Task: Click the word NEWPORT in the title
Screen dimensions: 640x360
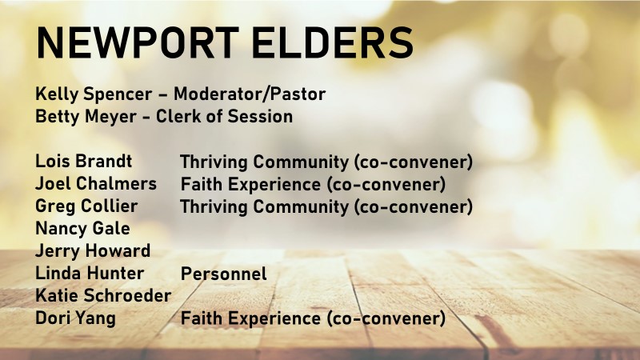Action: tap(138, 43)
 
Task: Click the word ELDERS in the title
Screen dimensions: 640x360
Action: tap(333, 43)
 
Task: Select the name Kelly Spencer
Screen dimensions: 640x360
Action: tap(94, 94)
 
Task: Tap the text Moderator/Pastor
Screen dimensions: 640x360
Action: tap(250, 94)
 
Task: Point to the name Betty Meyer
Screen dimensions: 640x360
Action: tap(86, 117)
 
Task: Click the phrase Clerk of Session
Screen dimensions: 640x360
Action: tap(225, 116)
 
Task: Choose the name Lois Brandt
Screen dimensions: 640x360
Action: tap(84, 162)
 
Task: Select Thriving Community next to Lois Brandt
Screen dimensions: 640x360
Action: tap(265, 162)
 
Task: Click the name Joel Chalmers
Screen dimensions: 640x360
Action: tap(96, 184)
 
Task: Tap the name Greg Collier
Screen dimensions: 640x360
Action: tap(86, 206)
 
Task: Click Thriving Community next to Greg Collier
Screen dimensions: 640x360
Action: tap(265, 207)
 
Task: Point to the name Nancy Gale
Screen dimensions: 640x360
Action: tap(83, 229)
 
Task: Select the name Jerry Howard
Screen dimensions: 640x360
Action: tap(93, 251)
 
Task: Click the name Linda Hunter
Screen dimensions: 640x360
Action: tap(90, 273)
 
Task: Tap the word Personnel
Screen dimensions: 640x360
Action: tap(224, 274)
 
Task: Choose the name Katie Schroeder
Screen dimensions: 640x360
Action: tap(103, 295)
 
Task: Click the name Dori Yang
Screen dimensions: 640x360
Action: tap(75, 318)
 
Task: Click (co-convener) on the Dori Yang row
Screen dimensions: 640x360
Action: tap(386, 318)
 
